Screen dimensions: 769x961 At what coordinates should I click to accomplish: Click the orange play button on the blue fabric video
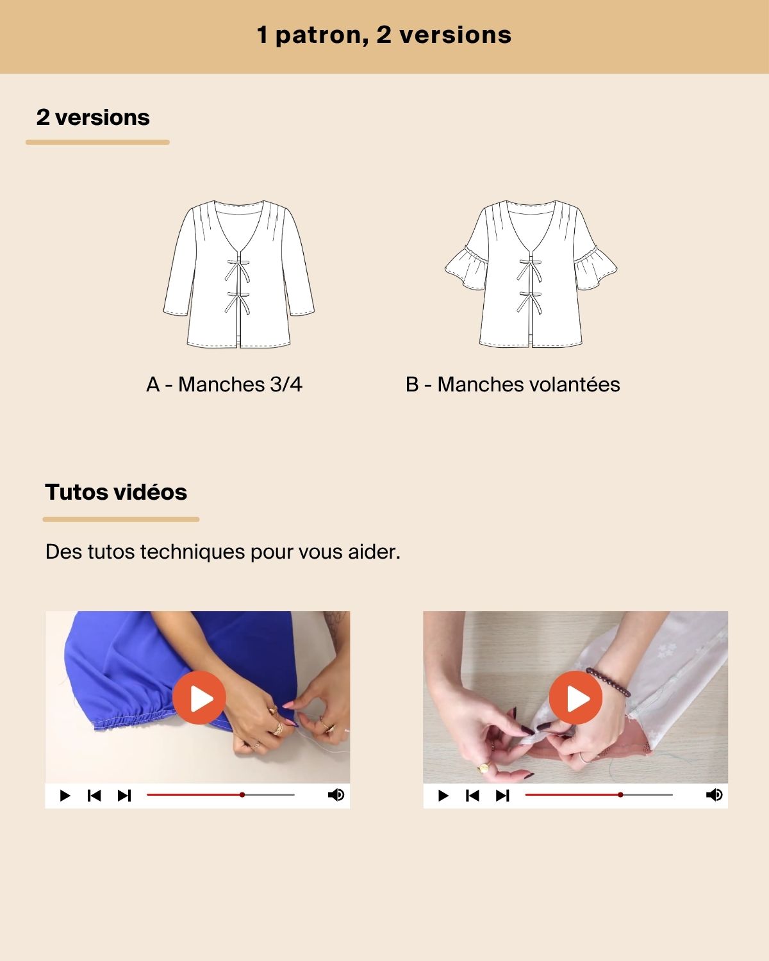coord(199,698)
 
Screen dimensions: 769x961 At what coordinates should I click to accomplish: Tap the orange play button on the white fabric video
coord(575,698)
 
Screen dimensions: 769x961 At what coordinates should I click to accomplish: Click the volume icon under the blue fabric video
coord(336,795)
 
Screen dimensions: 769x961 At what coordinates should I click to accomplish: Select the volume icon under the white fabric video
coord(714,795)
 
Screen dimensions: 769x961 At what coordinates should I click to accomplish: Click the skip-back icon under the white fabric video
coord(472,795)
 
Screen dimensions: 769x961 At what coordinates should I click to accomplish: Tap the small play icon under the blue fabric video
coord(65,795)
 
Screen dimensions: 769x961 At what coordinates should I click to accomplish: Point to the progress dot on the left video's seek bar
coord(242,795)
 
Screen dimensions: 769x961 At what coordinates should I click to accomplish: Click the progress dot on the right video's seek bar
coord(620,795)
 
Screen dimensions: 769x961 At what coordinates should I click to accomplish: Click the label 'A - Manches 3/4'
coord(224,384)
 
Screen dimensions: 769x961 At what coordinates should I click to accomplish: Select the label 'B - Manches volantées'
coord(513,384)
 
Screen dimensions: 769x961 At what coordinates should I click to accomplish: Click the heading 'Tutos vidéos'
coord(116,492)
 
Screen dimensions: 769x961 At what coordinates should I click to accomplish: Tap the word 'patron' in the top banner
coord(322,35)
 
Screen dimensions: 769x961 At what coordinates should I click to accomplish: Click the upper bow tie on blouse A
coord(237,270)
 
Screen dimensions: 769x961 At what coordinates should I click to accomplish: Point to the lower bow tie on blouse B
coord(529,302)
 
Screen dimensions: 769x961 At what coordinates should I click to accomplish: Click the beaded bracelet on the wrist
coord(608,682)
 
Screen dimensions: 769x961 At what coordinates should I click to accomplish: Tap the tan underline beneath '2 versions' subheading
coord(97,142)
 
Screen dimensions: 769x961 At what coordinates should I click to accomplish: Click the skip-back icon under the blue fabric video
coord(94,795)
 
